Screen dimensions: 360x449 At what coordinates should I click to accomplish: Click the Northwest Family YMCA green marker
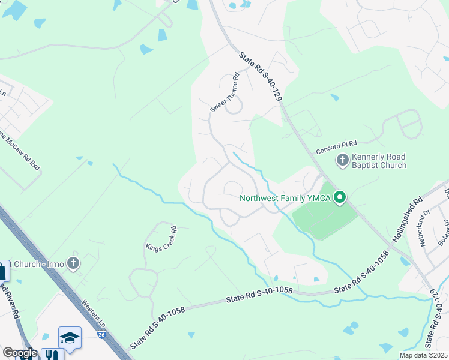coord(340,197)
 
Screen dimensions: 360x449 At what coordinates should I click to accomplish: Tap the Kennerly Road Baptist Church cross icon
coord(342,160)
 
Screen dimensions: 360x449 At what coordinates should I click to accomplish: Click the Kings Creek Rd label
coord(161,238)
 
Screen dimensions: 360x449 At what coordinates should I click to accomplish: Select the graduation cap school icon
coord(69,338)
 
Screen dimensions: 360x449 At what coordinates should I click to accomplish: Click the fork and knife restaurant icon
coord(51,355)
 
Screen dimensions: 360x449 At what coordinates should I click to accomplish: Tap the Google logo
coord(19,353)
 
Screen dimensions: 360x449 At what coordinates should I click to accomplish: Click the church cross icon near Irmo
coord(73,263)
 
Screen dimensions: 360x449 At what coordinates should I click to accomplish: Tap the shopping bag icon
coord(3,271)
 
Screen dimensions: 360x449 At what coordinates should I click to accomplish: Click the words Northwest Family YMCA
coord(286,197)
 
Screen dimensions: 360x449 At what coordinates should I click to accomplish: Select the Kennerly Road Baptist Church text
coord(379,161)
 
